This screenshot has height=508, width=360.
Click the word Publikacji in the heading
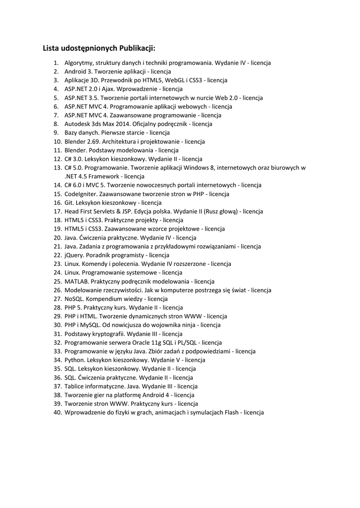click(137, 48)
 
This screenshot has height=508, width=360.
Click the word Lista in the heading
click(51, 48)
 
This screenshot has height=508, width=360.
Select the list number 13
click(57, 168)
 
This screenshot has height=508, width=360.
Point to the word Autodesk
click(78, 124)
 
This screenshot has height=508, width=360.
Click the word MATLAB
click(76, 281)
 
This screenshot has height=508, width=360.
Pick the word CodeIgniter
click(81, 194)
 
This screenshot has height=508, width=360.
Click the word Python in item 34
click(74, 360)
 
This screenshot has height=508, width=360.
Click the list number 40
click(57, 412)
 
